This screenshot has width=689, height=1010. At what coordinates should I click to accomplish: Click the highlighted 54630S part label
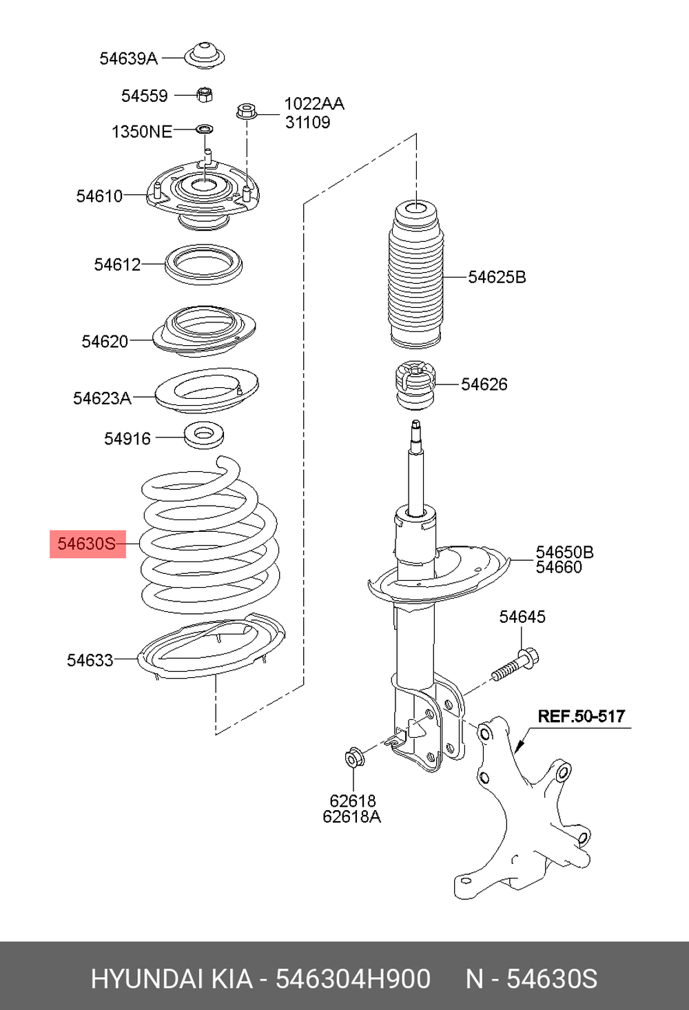(x=87, y=544)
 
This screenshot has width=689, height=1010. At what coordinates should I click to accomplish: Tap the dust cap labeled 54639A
(x=205, y=55)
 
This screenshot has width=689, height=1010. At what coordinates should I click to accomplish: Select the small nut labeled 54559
(x=204, y=94)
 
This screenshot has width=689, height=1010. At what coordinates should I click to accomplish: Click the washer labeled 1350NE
(x=205, y=129)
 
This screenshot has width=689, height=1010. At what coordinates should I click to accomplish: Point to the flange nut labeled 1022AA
(x=245, y=110)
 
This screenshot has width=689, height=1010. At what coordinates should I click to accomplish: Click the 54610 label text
(x=99, y=196)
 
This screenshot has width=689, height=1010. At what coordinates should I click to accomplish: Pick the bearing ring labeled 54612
(x=203, y=263)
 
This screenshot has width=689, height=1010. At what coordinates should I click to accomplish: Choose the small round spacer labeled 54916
(x=205, y=435)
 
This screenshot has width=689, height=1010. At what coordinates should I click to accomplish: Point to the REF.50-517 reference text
(x=581, y=716)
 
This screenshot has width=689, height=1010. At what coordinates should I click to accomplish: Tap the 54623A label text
(x=102, y=398)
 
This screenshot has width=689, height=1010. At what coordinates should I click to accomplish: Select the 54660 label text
(x=559, y=567)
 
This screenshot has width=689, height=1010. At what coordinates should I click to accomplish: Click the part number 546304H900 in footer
(x=353, y=978)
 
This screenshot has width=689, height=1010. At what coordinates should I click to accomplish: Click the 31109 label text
(x=307, y=122)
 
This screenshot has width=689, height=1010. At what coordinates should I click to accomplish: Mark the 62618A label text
(x=351, y=816)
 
